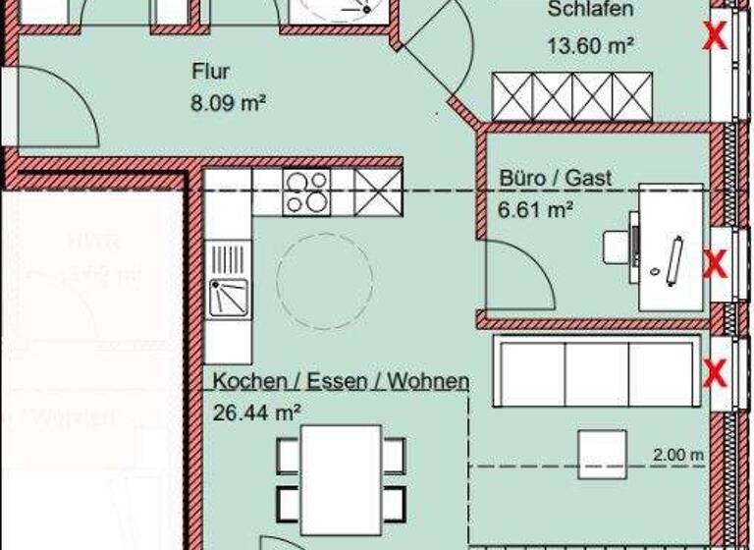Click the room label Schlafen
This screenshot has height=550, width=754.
(590, 11)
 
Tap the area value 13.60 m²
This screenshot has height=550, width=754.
(589, 45)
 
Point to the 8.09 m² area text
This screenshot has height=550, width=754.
(229, 99)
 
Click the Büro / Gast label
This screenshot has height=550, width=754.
(555, 178)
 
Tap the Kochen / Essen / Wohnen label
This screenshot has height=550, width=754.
(341, 381)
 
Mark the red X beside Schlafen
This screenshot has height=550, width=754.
(716, 37)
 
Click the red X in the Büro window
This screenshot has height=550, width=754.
(716, 263)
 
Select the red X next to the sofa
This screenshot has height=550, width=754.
(716, 372)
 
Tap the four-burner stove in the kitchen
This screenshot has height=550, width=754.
(306, 192)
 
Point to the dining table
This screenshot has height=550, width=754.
(341, 472)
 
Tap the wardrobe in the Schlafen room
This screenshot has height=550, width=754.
(572, 96)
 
